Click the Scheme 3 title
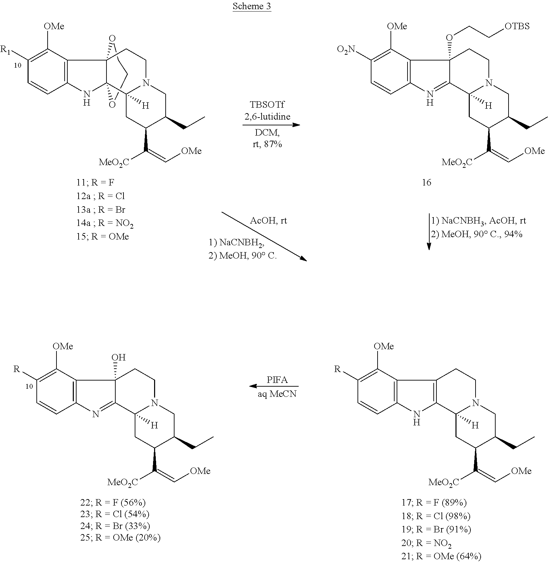click(252, 6)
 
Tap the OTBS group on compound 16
click(517, 26)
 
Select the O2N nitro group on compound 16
click(346, 50)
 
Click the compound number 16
click(426, 183)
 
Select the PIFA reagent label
click(277, 380)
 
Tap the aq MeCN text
click(277, 394)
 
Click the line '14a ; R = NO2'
click(105, 223)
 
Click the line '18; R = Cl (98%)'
click(436, 516)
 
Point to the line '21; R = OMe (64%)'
click(441, 556)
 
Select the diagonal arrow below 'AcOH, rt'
click(264, 236)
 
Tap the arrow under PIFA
click(274, 386)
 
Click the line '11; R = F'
click(95, 183)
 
